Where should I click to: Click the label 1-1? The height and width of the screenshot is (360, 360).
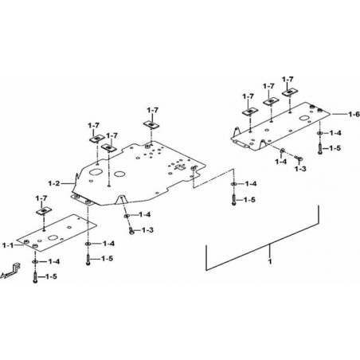pos(8,245)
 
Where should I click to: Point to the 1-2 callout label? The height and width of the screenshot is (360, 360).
pos(54,183)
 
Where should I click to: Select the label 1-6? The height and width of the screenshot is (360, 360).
pos(354,114)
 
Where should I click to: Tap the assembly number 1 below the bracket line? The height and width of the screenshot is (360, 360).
pos(270,261)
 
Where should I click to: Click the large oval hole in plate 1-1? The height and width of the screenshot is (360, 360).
pos(54,237)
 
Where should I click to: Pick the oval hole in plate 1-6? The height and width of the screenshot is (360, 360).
pos(304,118)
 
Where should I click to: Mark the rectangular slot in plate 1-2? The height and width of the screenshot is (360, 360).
pos(181,167)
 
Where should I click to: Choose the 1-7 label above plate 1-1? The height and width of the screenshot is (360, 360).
pos(41,198)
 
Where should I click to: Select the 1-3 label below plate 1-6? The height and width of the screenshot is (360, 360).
pos(300,169)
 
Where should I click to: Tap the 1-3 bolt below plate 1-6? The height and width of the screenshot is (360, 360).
pos(299,158)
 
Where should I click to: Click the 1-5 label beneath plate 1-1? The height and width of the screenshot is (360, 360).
pos(51,276)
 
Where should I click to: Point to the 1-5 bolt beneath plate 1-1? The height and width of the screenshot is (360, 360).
pos(35,277)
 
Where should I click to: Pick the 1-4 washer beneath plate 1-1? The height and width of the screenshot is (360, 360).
pos(35,262)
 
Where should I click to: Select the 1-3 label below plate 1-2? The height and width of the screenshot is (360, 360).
pos(147,230)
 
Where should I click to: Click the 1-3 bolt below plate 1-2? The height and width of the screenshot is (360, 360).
pos(131,230)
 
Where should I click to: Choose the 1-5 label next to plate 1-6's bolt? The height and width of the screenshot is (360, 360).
pos(335,148)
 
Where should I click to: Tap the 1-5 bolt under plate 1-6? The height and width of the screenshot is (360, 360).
pos(320,149)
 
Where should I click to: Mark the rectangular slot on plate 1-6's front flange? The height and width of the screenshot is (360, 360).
pos(241,143)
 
